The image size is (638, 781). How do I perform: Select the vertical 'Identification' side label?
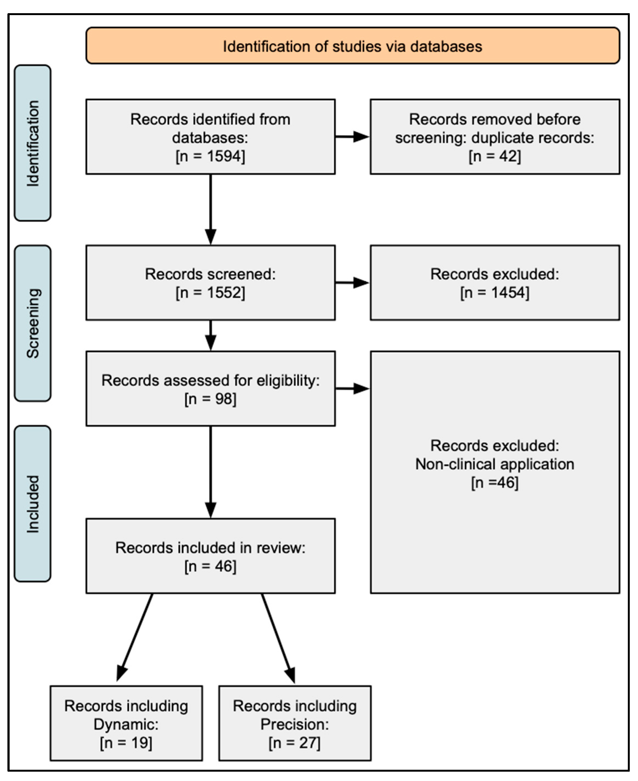coord(33,143)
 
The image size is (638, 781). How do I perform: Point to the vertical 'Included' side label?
coord(33,504)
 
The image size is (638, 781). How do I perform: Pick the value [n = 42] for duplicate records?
coord(495,156)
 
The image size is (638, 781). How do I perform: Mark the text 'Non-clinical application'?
coord(495,464)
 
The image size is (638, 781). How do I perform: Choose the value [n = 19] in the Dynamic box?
coord(126,743)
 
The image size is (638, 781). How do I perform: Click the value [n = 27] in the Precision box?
coord(295,743)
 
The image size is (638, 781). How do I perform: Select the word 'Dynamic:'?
coord(126,724)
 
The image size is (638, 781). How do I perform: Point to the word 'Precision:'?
coord(295,724)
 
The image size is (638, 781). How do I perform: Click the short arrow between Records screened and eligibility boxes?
coord(211,336)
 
